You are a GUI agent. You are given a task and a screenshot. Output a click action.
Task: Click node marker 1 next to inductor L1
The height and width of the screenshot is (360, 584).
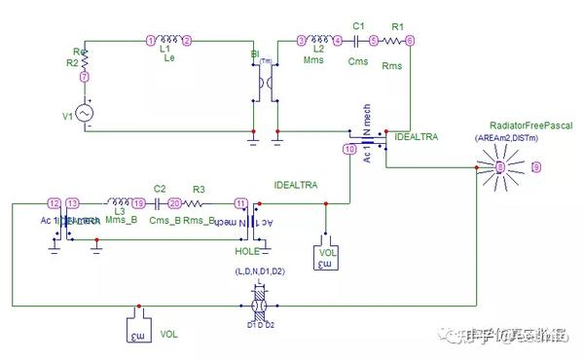(151, 40)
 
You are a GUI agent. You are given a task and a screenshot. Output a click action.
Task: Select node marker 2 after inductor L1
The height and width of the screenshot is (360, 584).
(188, 40)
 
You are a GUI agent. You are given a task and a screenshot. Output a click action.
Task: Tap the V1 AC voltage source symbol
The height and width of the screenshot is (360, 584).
(85, 115)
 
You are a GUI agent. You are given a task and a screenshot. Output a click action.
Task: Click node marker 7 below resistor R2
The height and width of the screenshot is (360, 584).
(85, 76)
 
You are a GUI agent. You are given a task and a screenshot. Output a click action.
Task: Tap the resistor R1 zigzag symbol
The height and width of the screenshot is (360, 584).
(391, 40)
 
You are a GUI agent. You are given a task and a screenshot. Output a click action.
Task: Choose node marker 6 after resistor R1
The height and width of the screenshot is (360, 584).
(410, 40)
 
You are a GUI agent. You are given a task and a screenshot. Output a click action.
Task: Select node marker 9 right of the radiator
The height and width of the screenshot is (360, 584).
(534, 167)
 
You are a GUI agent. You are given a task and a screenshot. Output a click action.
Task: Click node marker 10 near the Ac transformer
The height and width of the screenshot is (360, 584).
(349, 149)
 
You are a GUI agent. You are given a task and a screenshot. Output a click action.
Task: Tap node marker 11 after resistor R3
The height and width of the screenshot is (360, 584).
(240, 202)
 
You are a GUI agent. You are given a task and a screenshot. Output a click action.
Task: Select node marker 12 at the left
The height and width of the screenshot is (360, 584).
(55, 202)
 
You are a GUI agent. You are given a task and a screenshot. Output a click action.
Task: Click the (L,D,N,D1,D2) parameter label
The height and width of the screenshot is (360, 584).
(258, 270)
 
